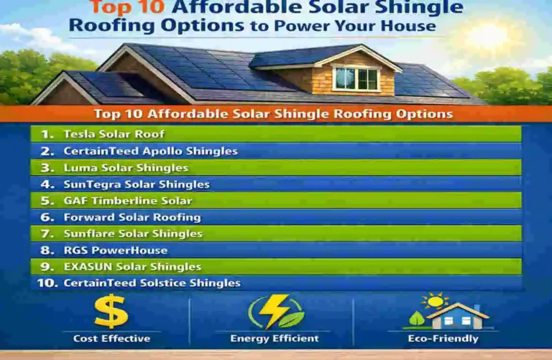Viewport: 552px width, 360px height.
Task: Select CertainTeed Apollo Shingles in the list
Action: click(x=150, y=152)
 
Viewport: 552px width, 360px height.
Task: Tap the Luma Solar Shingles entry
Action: click(x=126, y=168)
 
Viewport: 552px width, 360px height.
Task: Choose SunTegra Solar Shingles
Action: click(x=137, y=185)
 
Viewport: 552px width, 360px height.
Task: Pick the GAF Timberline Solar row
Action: click(x=128, y=201)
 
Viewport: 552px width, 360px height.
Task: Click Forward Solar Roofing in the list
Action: click(x=132, y=217)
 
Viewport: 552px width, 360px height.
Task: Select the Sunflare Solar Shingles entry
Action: click(x=133, y=234)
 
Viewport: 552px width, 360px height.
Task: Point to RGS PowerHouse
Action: click(x=115, y=250)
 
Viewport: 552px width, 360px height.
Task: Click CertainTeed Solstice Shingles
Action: click(x=152, y=283)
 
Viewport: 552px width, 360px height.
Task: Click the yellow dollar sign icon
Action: click(x=111, y=312)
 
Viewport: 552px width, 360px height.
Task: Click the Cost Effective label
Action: click(x=111, y=338)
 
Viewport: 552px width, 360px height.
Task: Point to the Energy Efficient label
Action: click(x=275, y=338)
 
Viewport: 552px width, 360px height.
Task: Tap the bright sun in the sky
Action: click(x=488, y=36)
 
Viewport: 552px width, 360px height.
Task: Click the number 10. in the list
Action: click(x=47, y=283)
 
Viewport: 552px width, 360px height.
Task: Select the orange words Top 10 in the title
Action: click(x=129, y=9)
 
